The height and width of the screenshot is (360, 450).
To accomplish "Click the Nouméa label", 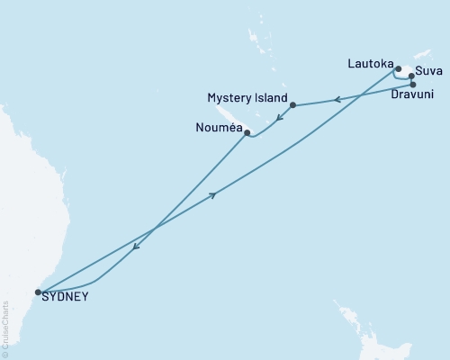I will coord(216,129).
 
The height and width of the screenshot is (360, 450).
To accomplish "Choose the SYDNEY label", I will coord(65,296).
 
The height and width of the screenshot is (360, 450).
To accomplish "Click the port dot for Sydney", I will coord(38,292).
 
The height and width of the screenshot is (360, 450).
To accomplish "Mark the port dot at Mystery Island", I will coord(292,105).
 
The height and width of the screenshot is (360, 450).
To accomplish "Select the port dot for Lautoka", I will coord(397,67).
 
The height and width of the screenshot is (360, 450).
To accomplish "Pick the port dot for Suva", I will coord(411,76).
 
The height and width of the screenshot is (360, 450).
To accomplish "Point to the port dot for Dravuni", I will coord(413,85).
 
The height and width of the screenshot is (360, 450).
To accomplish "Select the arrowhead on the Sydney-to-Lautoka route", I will coord(213,194).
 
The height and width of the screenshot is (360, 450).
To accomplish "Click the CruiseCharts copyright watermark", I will coord(5,334).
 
